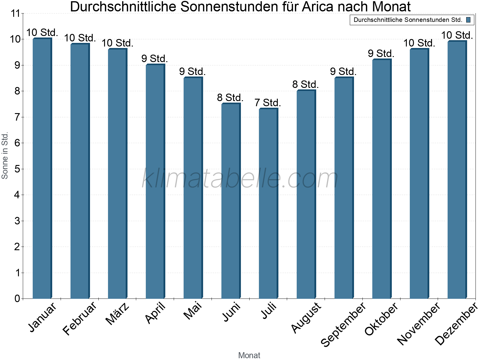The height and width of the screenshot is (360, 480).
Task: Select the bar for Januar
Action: (42, 168)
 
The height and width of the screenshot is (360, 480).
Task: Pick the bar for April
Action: (155, 181)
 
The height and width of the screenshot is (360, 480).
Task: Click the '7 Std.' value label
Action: (268, 103)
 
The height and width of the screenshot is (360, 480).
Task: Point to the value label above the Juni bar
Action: (230, 98)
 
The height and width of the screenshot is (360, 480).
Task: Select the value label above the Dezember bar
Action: (457, 35)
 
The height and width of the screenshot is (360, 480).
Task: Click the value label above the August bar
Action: (305, 85)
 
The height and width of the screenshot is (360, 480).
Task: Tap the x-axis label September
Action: (343, 324)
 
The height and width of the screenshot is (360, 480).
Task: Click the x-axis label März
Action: (118, 313)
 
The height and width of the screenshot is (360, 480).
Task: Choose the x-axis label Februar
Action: (79, 318)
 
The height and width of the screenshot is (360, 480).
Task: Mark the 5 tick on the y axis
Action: (17, 169)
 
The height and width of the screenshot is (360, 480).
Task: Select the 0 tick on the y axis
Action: (17, 299)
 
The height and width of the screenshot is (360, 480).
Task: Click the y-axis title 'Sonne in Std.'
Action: (5, 155)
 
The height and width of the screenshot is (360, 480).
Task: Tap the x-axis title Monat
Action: (249, 355)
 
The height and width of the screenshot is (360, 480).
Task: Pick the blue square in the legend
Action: (468, 20)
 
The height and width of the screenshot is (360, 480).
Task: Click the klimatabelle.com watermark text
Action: (240, 179)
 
